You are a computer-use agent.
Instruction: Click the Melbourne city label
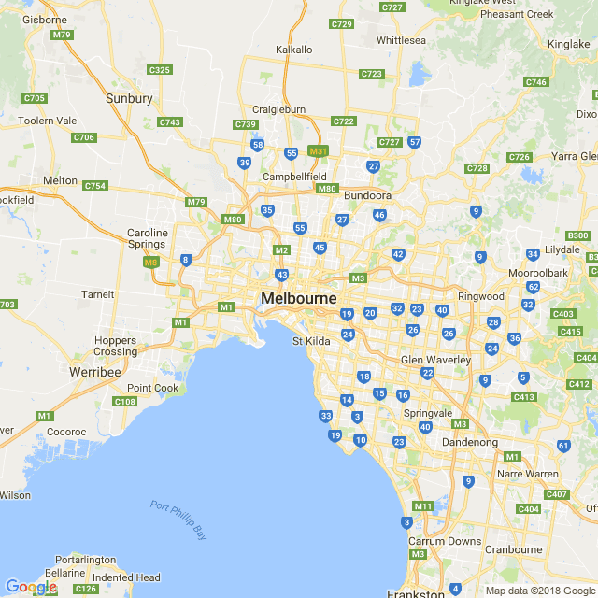(299, 298)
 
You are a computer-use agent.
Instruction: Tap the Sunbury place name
(129, 98)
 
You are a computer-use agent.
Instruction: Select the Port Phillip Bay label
(178, 519)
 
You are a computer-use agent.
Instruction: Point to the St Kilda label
(311, 342)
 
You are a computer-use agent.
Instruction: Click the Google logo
(31, 587)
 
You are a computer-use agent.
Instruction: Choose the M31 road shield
(319, 150)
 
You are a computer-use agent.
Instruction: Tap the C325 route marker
(160, 70)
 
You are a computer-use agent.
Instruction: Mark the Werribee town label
(95, 372)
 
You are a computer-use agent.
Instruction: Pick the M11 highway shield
(424, 506)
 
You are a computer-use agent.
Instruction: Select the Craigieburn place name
(279, 109)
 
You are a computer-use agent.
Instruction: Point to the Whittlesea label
(401, 40)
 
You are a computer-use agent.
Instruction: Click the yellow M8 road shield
(151, 263)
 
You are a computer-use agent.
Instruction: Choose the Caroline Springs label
(148, 238)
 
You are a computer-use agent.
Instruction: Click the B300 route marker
(579, 235)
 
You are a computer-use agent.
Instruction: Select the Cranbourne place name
(515, 549)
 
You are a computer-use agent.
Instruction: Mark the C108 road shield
(124, 402)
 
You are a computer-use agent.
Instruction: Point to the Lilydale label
(562, 249)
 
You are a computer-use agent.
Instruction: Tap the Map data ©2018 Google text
(540, 590)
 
